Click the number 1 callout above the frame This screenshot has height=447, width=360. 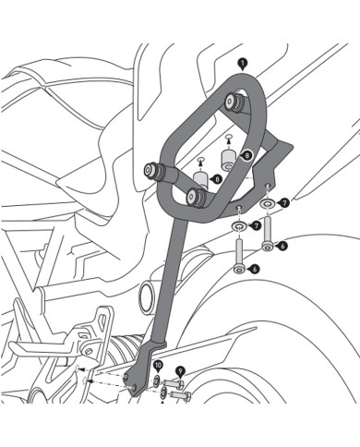[x=241, y=62]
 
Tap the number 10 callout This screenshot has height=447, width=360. [x=158, y=367]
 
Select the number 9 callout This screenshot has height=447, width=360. [x=180, y=370]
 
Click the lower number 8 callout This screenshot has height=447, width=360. [x=215, y=178]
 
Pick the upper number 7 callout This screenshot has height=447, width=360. [x=283, y=201]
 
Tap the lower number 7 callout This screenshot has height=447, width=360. [x=256, y=224]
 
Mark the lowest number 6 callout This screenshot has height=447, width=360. [x=255, y=269]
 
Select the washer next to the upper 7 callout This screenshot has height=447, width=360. [x=266, y=202]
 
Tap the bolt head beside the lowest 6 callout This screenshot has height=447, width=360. [x=240, y=269]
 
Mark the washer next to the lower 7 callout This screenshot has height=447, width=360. [x=238, y=224]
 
